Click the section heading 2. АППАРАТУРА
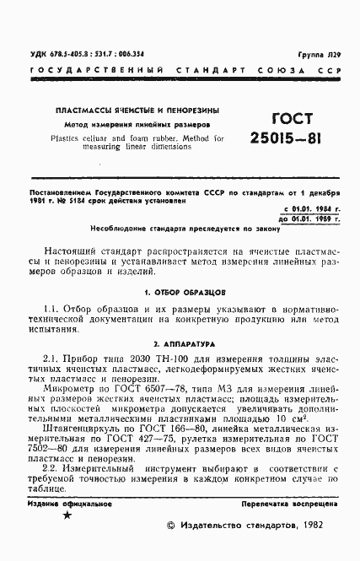point(180,345)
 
